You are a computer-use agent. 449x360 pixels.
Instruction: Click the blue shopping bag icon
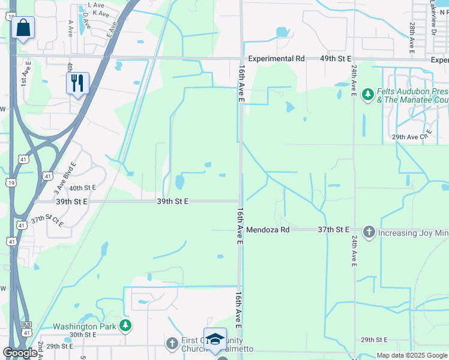coord(23,28)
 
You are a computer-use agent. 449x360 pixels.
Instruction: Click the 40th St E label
coord(82,188)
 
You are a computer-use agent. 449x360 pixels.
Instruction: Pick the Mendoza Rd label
coord(268,230)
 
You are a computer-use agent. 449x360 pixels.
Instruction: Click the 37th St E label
coord(334,230)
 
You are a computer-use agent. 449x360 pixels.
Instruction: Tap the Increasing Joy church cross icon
coord(369,231)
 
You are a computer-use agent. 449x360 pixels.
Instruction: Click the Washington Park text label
coord(83,326)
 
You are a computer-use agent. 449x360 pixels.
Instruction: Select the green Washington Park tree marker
coord(125,326)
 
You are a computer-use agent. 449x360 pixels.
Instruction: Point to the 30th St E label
coord(83,335)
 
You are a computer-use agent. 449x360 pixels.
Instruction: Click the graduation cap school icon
coord(215,339)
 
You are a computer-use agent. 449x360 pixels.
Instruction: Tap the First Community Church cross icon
coord(172,343)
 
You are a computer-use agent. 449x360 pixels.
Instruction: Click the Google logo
coord(19,353)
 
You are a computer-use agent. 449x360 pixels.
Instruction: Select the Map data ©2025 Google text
coord(411,355)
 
